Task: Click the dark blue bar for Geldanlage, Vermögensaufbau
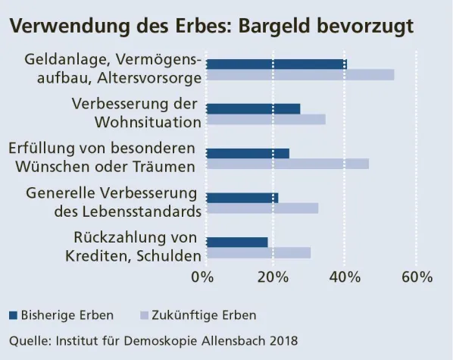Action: [276, 64]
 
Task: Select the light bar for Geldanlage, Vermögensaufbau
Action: [300, 75]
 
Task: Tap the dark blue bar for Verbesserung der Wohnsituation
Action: [253, 108]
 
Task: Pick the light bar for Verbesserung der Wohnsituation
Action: [266, 120]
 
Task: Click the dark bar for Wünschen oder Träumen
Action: [248, 153]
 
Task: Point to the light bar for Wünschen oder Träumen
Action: [287, 164]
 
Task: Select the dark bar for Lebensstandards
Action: [242, 198]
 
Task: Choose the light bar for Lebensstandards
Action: [262, 208]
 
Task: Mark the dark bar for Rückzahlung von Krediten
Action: [237, 243]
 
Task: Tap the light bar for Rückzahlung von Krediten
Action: [258, 253]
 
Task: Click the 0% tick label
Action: [203, 277]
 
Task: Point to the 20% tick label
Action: [273, 277]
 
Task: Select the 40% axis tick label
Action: [344, 277]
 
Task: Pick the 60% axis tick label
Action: [416, 277]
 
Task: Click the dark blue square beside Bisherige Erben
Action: [13, 315]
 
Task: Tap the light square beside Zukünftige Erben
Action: [144, 315]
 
